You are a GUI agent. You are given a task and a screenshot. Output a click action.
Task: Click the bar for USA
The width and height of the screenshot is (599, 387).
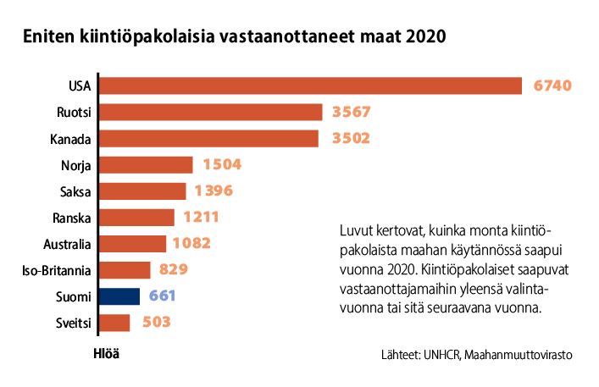click(310, 86)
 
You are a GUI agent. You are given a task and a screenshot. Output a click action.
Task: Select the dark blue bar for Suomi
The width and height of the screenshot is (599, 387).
click(119, 296)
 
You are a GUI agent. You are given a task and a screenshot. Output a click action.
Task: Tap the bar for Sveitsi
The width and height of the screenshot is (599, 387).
click(114, 323)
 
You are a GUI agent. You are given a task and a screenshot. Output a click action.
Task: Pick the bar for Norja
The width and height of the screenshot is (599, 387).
click(146, 165)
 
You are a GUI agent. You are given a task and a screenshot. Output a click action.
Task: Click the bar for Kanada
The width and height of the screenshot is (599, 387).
click(208, 138)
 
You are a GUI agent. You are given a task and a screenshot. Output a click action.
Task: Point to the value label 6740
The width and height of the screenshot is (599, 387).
click(554, 86)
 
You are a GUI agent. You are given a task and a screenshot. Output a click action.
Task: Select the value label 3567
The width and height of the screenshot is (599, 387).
click(352, 112)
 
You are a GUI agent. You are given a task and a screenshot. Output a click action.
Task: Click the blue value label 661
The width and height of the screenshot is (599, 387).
click(164, 296)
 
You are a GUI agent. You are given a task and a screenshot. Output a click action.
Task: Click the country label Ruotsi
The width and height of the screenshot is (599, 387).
click(74, 113)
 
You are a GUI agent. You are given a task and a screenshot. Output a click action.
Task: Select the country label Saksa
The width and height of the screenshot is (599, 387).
click(76, 191)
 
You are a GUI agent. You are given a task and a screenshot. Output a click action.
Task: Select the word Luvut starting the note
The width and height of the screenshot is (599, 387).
click(357, 231)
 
